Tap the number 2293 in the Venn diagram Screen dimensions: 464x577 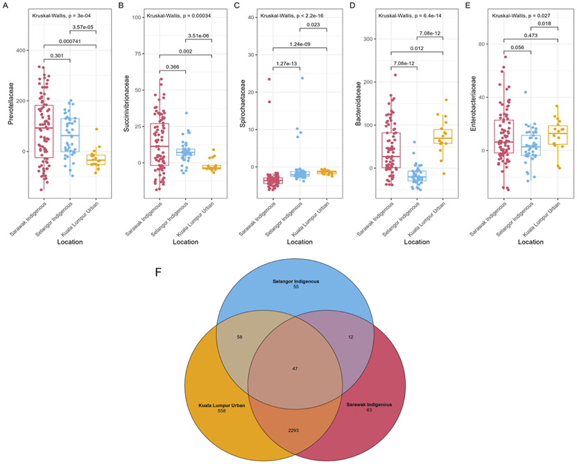[x=294, y=431]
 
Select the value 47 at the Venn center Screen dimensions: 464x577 [x=295, y=369]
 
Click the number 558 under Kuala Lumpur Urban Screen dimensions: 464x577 [x=222, y=411]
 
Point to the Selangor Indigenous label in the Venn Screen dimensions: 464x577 [x=295, y=282]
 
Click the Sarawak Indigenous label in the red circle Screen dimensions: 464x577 [x=368, y=404]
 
